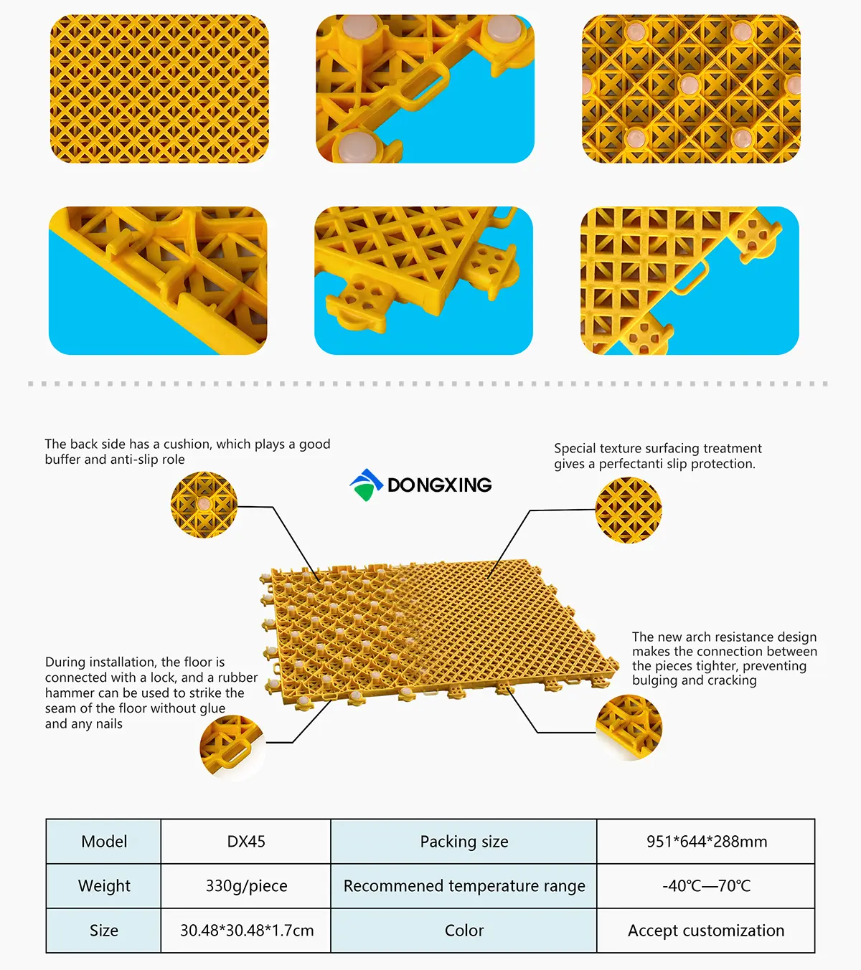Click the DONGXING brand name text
[439, 485]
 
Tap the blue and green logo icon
[367, 485]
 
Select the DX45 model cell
[246, 841]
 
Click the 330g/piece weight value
[246, 885]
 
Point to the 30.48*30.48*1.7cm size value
[247, 931]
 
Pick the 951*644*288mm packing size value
[707, 841]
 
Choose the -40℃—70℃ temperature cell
[706, 885]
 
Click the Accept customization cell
[706, 931]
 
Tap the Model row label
[104, 841]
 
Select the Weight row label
[104, 885]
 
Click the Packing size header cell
[464, 841]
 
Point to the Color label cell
[464, 931]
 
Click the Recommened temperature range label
[464, 885]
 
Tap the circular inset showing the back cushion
[204, 505]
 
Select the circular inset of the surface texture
[629, 510]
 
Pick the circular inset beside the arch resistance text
[629, 728]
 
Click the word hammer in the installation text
[68, 693]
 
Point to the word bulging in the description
[654, 681]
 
